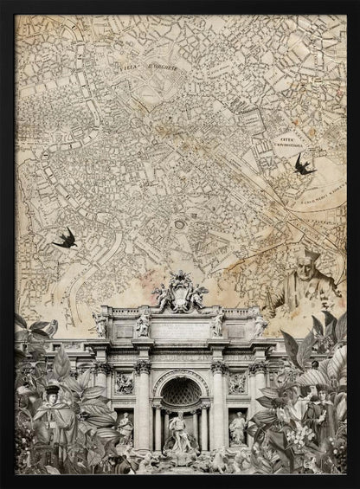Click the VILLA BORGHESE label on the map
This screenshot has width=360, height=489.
click(138, 62)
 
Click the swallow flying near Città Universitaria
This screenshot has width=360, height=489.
click(303, 164)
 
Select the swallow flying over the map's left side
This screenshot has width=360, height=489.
click(65, 238)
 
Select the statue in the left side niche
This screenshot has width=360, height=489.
click(125, 427)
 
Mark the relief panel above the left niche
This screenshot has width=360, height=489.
click(125, 382)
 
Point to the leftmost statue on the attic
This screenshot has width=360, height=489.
click(101, 326)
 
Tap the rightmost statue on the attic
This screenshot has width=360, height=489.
click(259, 326)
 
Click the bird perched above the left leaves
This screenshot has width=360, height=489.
click(50, 328)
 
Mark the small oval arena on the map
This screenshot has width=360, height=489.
click(179, 224)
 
